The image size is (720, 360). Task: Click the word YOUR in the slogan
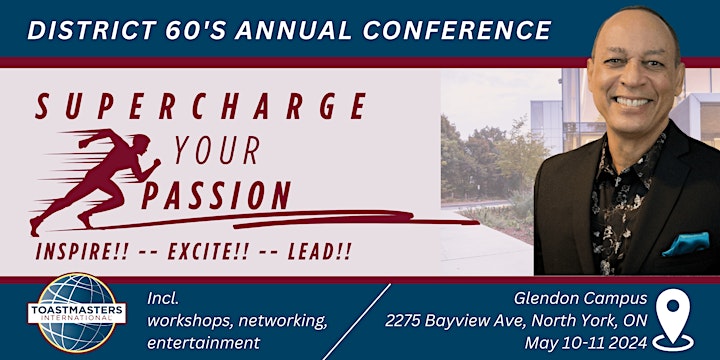[217, 151]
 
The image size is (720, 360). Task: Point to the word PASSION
[216, 193]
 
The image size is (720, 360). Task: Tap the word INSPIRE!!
[86, 250]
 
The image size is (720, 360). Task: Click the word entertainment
[203, 343]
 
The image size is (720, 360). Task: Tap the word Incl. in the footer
[161, 298]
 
